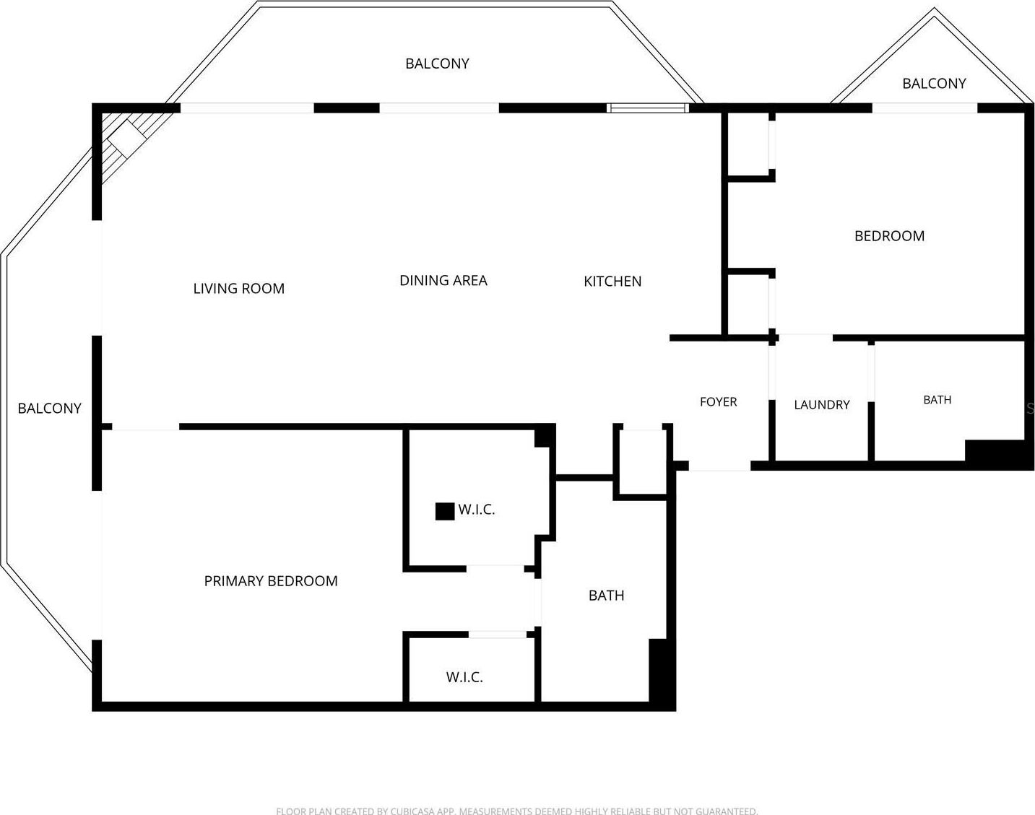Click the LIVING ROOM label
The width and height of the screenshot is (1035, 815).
point(238,289)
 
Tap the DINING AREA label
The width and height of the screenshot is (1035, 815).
point(443,280)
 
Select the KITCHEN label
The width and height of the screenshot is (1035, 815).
point(612,282)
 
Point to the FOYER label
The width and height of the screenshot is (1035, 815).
point(718,401)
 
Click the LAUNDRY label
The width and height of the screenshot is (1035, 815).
point(822,405)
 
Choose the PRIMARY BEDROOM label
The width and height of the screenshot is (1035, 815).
point(271,581)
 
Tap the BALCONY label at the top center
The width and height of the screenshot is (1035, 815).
point(437,64)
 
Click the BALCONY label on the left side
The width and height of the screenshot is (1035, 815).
point(50,408)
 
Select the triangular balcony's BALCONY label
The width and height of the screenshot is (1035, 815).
point(934,84)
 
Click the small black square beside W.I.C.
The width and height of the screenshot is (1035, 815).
point(445,511)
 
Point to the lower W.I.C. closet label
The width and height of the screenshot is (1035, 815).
point(464,677)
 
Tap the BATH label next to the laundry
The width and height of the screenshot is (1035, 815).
point(937,400)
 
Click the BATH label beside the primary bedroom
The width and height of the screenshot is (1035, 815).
point(607,596)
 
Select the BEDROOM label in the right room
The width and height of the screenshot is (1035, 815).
point(889,236)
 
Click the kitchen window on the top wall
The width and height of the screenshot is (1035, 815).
point(647,108)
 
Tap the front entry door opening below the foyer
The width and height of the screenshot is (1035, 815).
point(719,466)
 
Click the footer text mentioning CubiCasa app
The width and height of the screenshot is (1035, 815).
point(517,811)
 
